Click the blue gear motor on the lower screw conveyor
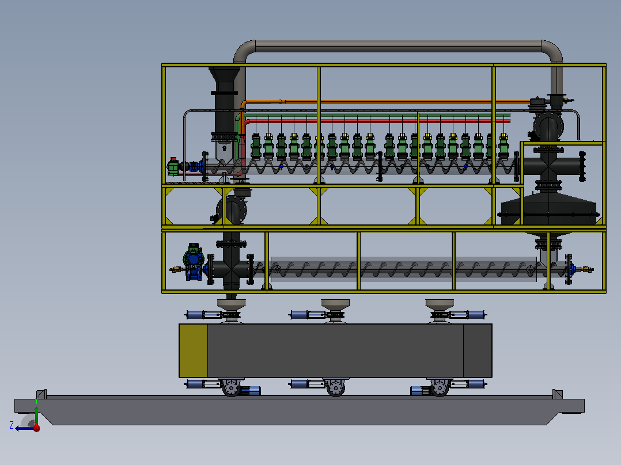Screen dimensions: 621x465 coord(194,262)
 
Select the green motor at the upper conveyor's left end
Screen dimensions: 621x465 coord(173,167)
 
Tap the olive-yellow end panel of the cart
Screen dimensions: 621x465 coord(194,350)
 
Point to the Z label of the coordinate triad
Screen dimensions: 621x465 coord(12,425)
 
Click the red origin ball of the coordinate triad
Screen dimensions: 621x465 coord(36,428)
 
